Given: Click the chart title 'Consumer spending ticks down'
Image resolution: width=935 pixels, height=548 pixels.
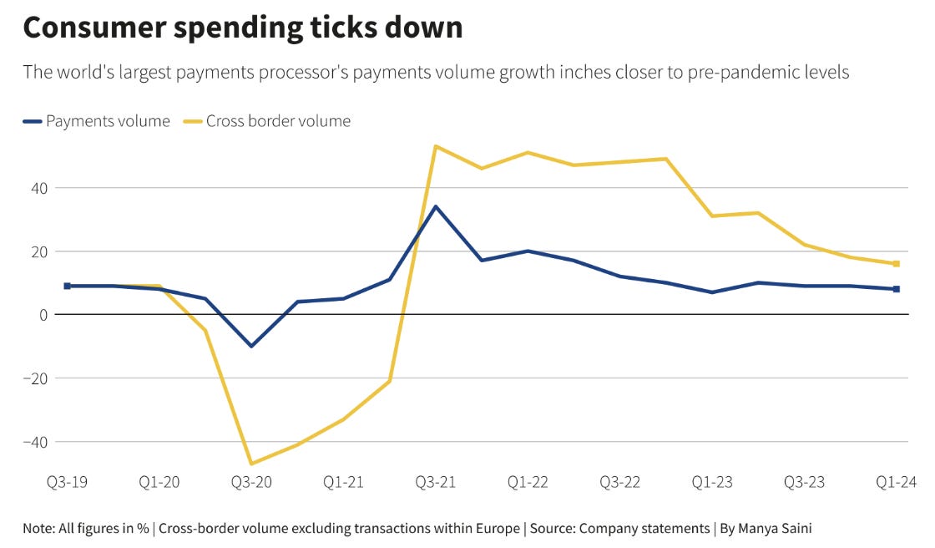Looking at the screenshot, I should click(x=242, y=28).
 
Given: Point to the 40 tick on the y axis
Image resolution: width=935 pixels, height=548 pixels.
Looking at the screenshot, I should click(x=39, y=188).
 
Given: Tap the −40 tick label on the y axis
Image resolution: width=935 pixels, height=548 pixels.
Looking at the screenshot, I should click(x=35, y=441).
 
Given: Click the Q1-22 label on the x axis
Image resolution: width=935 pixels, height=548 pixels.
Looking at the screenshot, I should click(x=528, y=482).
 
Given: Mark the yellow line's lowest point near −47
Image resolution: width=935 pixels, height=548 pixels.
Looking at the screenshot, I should click(x=251, y=464).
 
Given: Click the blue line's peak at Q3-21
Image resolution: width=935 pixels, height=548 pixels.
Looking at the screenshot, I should click(x=436, y=206).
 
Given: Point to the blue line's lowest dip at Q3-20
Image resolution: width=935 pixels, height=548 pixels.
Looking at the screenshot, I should click(x=251, y=346).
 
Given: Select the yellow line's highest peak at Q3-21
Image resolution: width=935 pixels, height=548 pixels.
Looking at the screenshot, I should click(x=436, y=146).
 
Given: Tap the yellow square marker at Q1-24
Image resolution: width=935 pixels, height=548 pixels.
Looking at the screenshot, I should click(x=896, y=264).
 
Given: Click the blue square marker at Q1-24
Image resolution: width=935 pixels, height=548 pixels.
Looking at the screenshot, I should click(x=896, y=289).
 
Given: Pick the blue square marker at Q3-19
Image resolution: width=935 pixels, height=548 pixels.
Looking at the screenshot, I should click(x=68, y=286).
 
